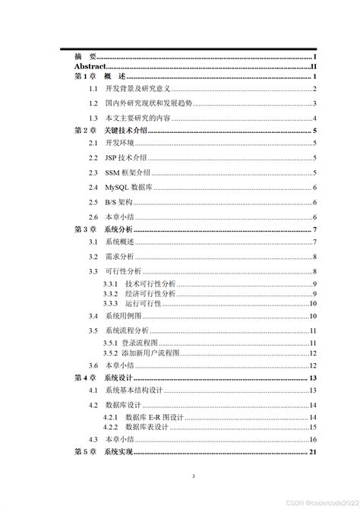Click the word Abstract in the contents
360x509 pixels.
tap(90, 67)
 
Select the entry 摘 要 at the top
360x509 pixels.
tap(85, 57)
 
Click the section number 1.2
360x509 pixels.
tap(93, 103)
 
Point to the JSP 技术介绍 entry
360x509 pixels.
tap(126, 158)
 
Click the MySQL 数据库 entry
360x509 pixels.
tap(130, 187)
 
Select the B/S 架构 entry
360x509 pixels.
tap(118, 202)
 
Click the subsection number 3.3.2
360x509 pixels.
tap(110, 293)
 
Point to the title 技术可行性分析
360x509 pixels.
tap(150, 283)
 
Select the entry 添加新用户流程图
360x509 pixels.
tap(150, 353)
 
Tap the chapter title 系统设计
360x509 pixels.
tap(119, 378)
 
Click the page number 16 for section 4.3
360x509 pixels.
tap(312, 439)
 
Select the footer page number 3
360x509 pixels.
tap(194, 476)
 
